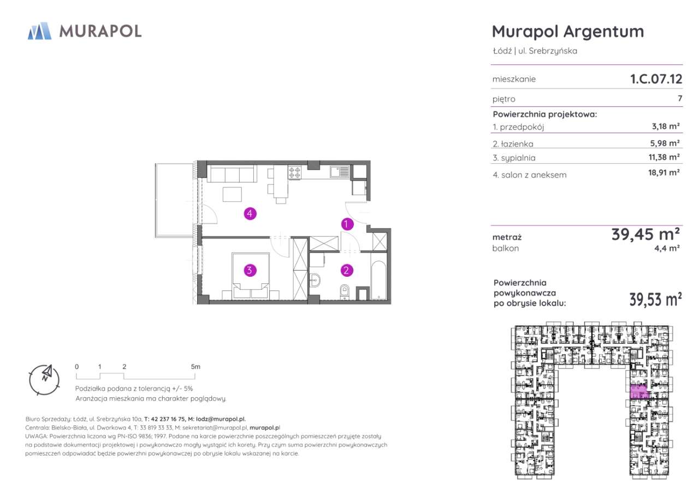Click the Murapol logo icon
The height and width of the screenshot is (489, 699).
click(x=40, y=31)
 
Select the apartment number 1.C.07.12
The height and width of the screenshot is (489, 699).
click(x=656, y=79)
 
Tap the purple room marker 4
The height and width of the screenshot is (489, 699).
click(x=250, y=213)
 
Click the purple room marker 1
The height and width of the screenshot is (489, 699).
click(x=347, y=224)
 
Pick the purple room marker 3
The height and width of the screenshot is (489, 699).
click(x=250, y=270)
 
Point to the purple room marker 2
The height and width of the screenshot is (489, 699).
click(x=347, y=270)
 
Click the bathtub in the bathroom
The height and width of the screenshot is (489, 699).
click(x=378, y=276)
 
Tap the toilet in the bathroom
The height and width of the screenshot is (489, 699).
click(x=344, y=292)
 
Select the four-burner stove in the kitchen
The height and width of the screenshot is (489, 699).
click(x=294, y=172)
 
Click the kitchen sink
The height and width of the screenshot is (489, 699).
click(x=340, y=171)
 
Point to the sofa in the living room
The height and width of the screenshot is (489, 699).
click(x=232, y=174)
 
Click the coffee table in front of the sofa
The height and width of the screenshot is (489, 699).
click(x=232, y=194)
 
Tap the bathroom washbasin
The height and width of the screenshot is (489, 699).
click(x=315, y=281)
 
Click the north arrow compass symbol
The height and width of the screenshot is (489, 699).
click(x=44, y=379)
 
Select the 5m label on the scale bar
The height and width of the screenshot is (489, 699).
click(x=196, y=367)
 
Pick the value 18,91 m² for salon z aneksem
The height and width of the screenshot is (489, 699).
click(x=664, y=172)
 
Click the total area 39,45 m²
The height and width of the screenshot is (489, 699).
click(x=645, y=234)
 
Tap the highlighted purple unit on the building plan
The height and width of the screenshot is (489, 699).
click(x=639, y=392)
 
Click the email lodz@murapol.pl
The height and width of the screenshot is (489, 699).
click(x=221, y=419)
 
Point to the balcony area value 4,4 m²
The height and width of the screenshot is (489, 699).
click(x=667, y=248)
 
